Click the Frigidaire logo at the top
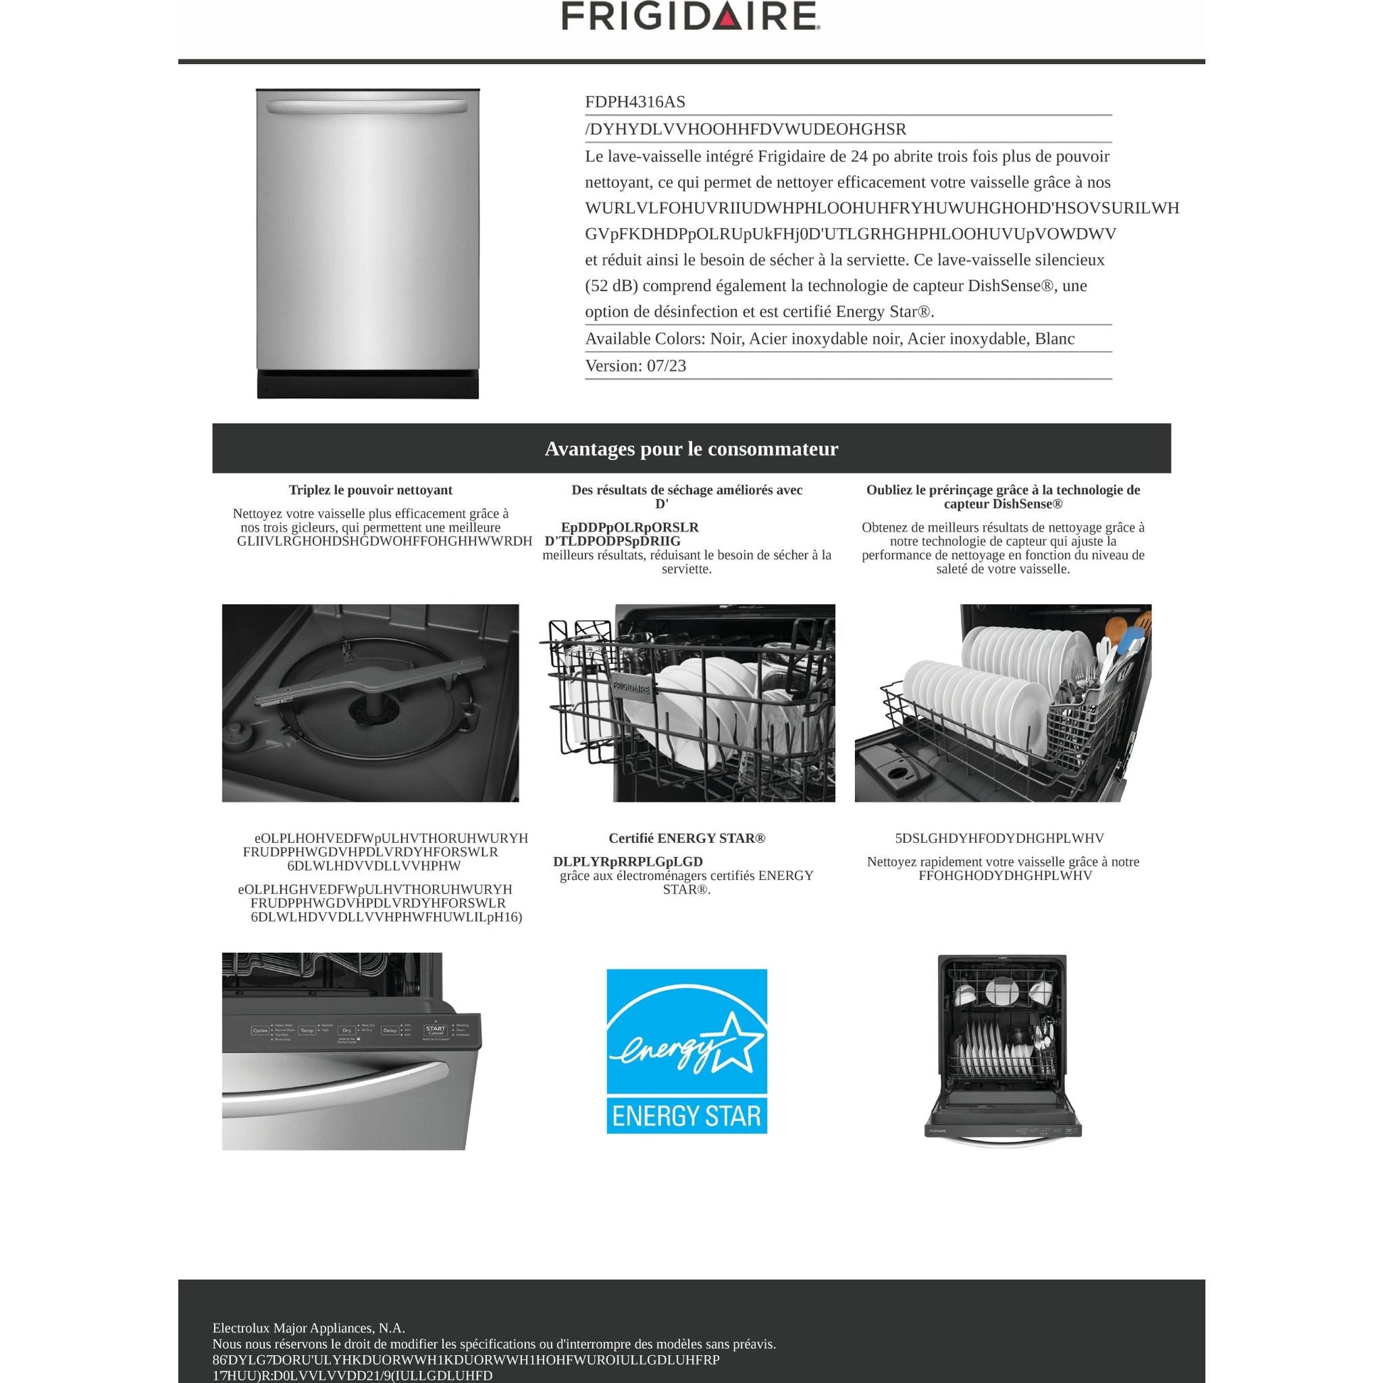(x=691, y=16)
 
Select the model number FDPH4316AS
(x=635, y=102)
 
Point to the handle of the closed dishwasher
(x=368, y=107)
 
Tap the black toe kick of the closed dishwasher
(x=368, y=384)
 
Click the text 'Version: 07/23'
(x=635, y=366)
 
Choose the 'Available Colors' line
(x=829, y=338)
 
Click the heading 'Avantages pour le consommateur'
(x=691, y=449)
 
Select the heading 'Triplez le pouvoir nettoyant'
(x=370, y=490)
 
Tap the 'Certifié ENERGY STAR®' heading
(x=687, y=838)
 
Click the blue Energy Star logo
(x=687, y=1052)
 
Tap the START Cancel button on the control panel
(x=435, y=1030)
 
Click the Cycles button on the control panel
(x=260, y=1030)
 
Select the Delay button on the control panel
(x=389, y=1030)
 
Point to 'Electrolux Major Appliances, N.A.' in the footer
(x=308, y=1328)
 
